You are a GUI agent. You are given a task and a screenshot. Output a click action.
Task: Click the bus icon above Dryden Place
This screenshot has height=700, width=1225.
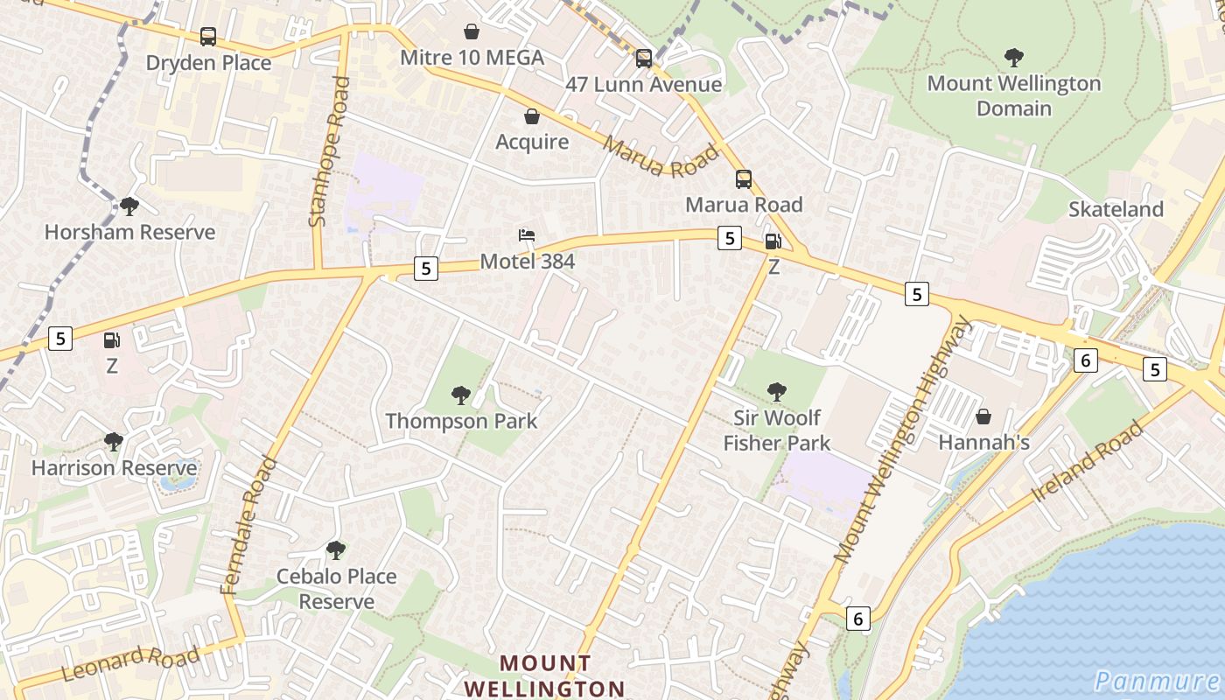click(208, 37)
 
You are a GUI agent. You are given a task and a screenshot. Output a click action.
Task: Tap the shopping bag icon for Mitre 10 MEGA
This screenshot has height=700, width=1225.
click(472, 31)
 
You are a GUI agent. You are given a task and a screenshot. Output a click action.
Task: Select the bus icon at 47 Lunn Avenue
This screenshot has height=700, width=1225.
click(644, 59)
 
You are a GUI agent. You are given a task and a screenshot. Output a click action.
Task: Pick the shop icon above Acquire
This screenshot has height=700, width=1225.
click(531, 115)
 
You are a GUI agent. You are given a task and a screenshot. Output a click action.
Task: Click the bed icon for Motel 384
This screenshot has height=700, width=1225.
click(527, 235)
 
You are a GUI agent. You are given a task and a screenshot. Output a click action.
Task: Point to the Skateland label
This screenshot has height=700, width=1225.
click(1116, 209)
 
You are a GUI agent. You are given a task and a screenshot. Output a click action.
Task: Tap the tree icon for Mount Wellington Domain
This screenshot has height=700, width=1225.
click(1014, 58)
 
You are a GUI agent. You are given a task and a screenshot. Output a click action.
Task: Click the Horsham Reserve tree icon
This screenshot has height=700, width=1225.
click(129, 206)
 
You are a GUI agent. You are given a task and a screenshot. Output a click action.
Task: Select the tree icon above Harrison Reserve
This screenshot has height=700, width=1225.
click(113, 441)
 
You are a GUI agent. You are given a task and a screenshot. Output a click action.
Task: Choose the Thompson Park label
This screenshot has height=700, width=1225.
click(461, 421)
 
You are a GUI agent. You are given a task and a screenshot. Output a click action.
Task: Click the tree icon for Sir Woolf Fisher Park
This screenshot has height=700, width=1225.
click(776, 391)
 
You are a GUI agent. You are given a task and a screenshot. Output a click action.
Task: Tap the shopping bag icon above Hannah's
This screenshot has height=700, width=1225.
click(983, 416)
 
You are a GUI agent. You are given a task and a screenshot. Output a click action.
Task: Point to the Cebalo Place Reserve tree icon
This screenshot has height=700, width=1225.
click(335, 549)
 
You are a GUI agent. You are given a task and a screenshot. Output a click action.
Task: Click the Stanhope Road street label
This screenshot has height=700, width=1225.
click(329, 152)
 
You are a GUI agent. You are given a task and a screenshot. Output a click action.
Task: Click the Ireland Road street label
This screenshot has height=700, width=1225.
click(1088, 460)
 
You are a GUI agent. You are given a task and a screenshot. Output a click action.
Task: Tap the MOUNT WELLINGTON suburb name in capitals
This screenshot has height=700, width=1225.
click(544, 675)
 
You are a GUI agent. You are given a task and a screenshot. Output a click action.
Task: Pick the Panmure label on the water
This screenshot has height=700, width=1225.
click(1157, 681)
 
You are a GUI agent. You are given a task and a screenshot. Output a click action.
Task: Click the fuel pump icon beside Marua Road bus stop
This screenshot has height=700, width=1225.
click(773, 241)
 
